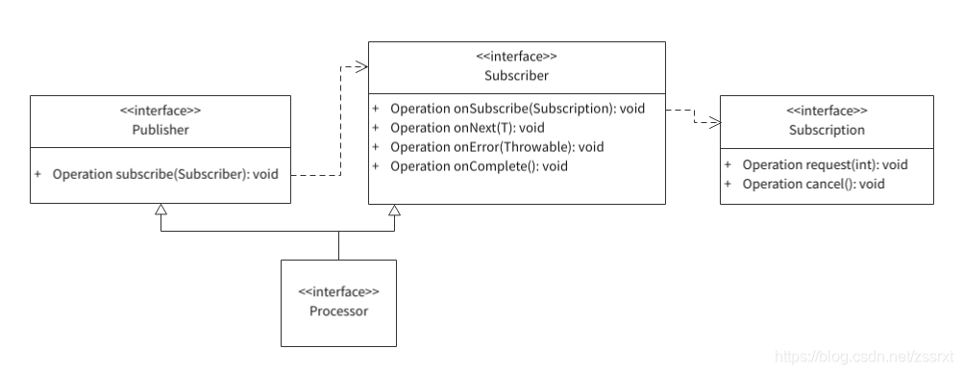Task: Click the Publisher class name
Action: pyautogui.click(x=160, y=129)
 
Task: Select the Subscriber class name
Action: pyautogui.click(x=517, y=75)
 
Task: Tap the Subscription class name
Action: pyautogui.click(x=827, y=129)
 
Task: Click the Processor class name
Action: pyautogui.click(x=338, y=311)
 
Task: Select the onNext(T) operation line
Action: pyautogui.click(x=467, y=128)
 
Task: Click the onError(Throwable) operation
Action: pyautogui.click(x=497, y=147)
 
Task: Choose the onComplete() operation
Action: pyautogui.click(x=479, y=166)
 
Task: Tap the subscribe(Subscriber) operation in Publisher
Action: pyautogui.click(x=165, y=175)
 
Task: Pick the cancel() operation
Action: pyautogui.click(x=813, y=184)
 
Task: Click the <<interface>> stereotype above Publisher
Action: pyautogui.click(x=160, y=111)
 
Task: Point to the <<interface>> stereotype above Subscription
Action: pyautogui.click(x=827, y=111)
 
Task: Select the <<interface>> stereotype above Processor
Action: pyautogui.click(x=338, y=291)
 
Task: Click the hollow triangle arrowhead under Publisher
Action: pyautogui.click(x=161, y=210)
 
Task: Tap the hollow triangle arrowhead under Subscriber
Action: pyautogui.click(x=392, y=210)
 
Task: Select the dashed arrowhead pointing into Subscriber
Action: pyautogui.click(x=362, y=66)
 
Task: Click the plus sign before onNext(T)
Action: pyautogui.click(x=377, y=128)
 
